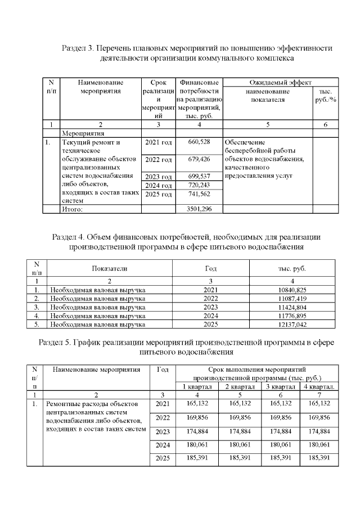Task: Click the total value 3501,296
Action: (x=199, y=209)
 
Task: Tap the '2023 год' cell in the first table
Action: (x=158, y=177)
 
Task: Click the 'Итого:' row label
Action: (x=71, y=209)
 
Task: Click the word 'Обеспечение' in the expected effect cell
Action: (x=245, y=142)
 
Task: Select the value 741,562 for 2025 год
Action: (x=199, y=194)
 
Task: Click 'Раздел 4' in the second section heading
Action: (x=69, y=237)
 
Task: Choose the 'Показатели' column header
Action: (x=110, y=268)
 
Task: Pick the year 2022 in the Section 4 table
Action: (x=210, y=298)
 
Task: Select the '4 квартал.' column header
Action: (x=319, y=386)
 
